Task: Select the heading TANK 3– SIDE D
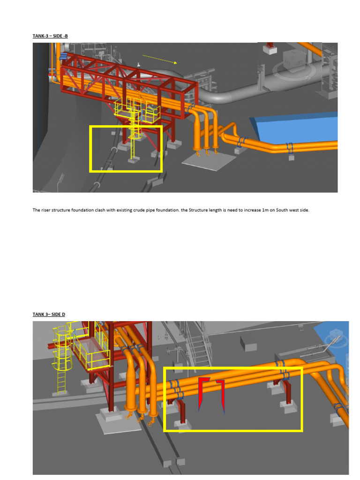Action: [x=49, y=314]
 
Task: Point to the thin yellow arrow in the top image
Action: [x=159, y=59]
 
